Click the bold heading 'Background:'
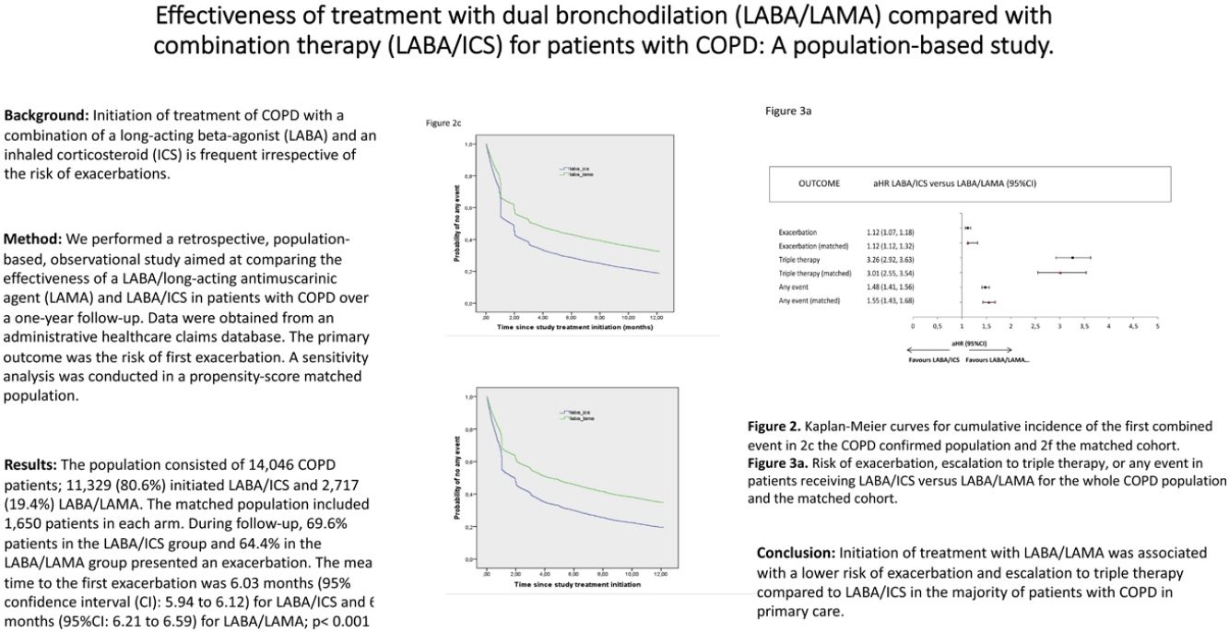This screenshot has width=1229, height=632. [45, 115]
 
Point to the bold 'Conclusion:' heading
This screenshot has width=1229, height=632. [797, 553]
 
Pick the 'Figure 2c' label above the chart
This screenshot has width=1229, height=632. [443, 122]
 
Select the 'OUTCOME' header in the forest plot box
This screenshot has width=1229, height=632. [819, 183]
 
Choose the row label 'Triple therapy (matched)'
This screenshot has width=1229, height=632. [815, 274]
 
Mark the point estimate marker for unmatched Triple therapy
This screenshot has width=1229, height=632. [1072, 258]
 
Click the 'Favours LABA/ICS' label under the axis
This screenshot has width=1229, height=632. [934, 359]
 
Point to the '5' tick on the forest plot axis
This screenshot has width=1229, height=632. [1156, 326]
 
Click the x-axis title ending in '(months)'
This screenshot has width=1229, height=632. [570, 327]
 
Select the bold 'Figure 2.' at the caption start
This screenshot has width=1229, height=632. [774, 427]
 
